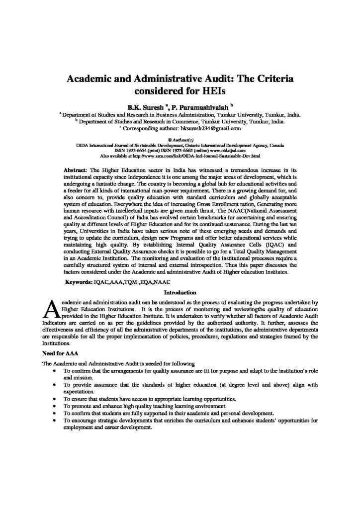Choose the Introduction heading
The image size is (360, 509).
point(180,292)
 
